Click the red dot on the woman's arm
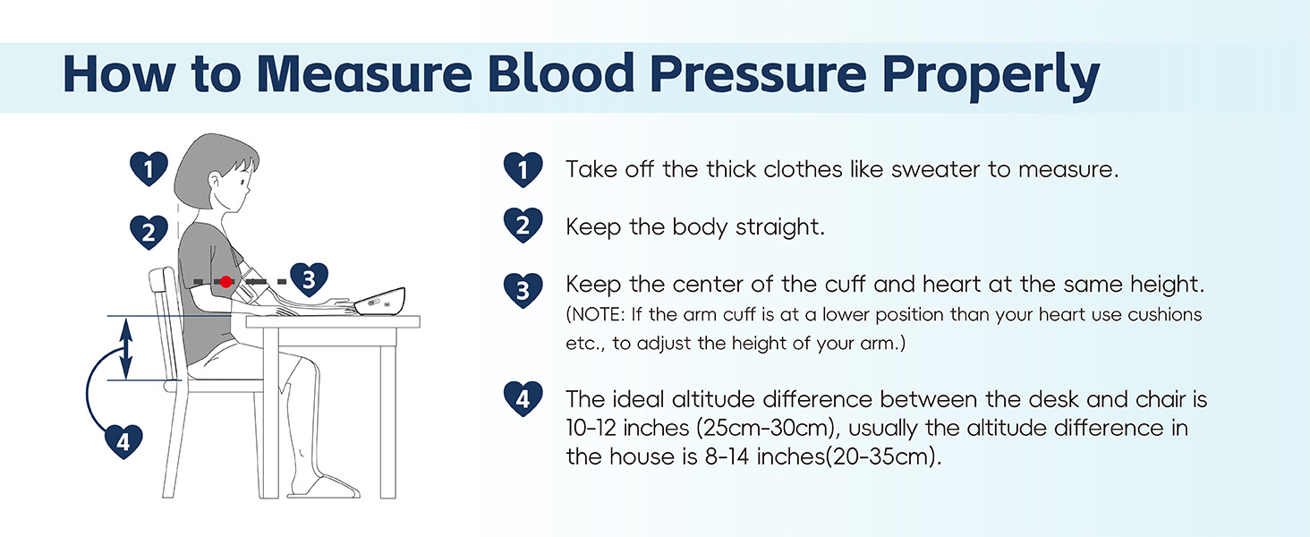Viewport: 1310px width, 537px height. click(225, 281)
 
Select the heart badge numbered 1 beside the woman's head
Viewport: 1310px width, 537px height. click(149, 167)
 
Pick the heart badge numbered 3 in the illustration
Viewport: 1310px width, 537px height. click(308, 280)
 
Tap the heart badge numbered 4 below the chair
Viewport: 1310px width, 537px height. click(123, 440)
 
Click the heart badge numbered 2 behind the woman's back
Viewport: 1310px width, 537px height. click(149, 233)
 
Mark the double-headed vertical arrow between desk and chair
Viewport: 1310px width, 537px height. click(127, 348)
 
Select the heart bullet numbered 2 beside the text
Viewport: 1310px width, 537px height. click(523, 226)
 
